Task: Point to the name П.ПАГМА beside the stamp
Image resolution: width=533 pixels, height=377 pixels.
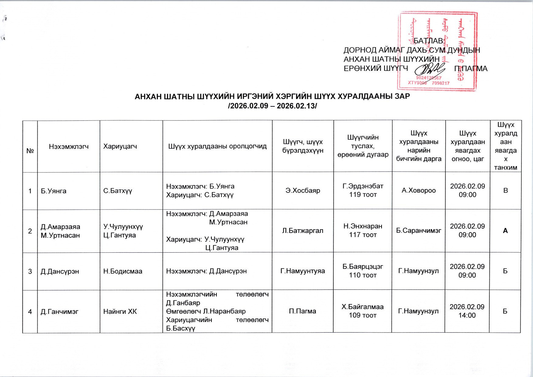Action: [471, 69]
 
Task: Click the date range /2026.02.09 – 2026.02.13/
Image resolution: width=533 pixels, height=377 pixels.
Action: [272, 106]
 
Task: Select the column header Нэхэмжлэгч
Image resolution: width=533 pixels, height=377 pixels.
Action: [69, 147]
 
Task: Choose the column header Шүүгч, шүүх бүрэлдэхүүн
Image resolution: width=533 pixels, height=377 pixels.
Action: [303, 146]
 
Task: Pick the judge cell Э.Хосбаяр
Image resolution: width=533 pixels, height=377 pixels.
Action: [303, 191]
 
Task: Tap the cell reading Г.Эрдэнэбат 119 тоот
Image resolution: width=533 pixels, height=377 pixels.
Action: [363, 190]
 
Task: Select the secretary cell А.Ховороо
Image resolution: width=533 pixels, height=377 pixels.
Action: [419, 191]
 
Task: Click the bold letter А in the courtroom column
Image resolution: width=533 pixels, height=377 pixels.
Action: [505, 231]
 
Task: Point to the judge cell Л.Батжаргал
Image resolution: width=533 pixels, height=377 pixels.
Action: [303, 231]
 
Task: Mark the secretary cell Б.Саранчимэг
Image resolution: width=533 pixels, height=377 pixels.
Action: [419, 231]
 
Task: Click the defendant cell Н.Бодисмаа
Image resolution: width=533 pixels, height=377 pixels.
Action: [123, 271]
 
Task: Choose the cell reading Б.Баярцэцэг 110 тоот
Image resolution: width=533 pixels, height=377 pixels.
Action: [363, 271]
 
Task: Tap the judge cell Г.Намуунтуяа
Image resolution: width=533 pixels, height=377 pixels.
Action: [303, 271]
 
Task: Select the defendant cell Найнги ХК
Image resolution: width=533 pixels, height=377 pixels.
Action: [120, 312]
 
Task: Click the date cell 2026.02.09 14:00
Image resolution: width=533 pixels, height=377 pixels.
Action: [467, 311]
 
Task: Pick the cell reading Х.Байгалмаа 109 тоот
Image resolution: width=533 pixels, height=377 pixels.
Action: [362, 311]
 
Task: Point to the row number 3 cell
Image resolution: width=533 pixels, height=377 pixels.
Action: [30, 271]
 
